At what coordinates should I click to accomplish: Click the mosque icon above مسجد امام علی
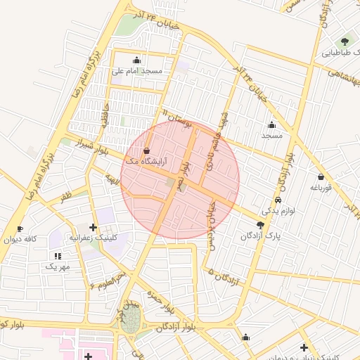(136, 60)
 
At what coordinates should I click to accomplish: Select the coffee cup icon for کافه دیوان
(20, 229)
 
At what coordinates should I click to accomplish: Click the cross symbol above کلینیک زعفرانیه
(94, 227)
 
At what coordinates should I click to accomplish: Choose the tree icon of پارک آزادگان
(261, 225)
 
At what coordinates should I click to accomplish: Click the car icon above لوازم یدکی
(279, 200)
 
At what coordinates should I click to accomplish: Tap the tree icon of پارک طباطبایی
(345, 41)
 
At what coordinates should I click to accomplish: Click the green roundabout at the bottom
(130, 323)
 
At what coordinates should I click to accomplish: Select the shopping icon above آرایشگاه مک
(146, 150)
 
